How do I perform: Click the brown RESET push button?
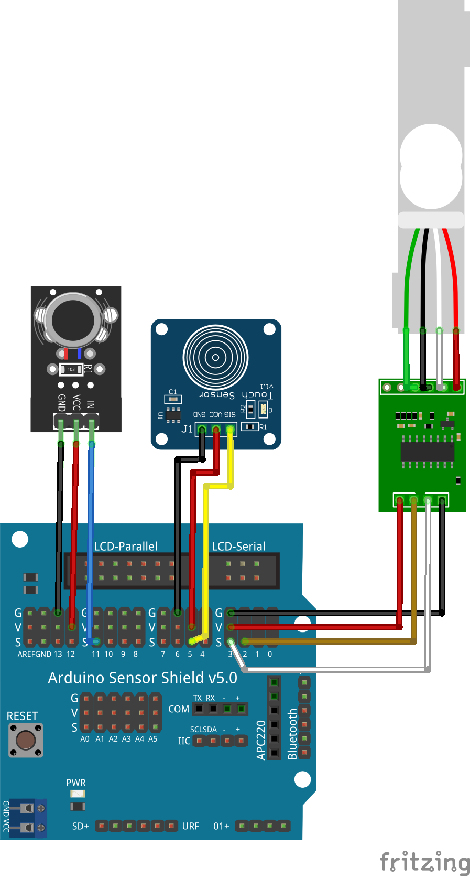26,740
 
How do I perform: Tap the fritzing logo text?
424,862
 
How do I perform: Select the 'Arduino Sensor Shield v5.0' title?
143,678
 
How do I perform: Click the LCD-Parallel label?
126,546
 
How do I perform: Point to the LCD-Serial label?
238,546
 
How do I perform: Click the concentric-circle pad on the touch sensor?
215,358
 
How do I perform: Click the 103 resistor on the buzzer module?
71,369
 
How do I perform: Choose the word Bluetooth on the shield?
292,734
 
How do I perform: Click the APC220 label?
261,740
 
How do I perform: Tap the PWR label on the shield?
76,783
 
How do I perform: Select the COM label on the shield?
179,709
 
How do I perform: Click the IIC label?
184,741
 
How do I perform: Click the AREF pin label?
26,654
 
